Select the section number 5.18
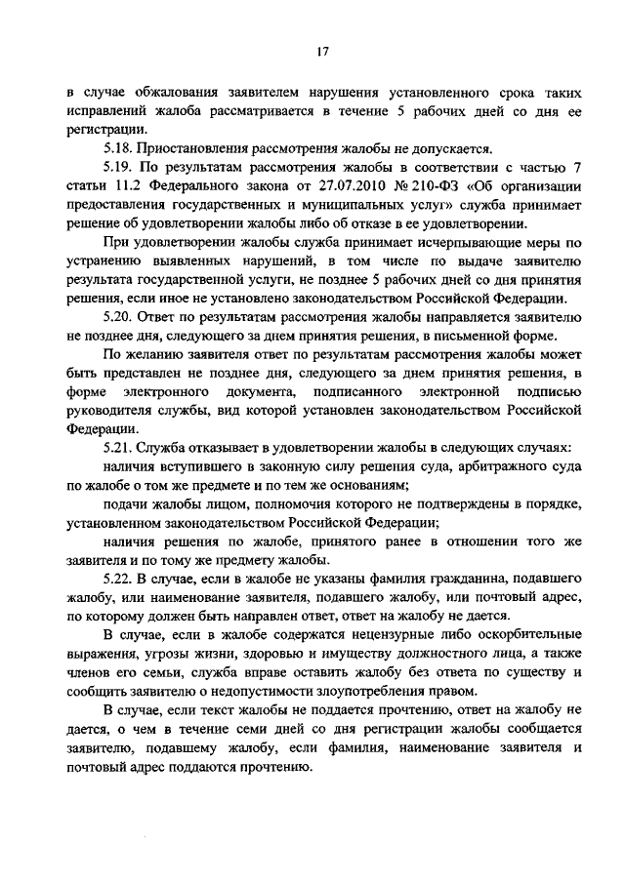point(118,149)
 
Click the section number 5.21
point(118,447)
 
